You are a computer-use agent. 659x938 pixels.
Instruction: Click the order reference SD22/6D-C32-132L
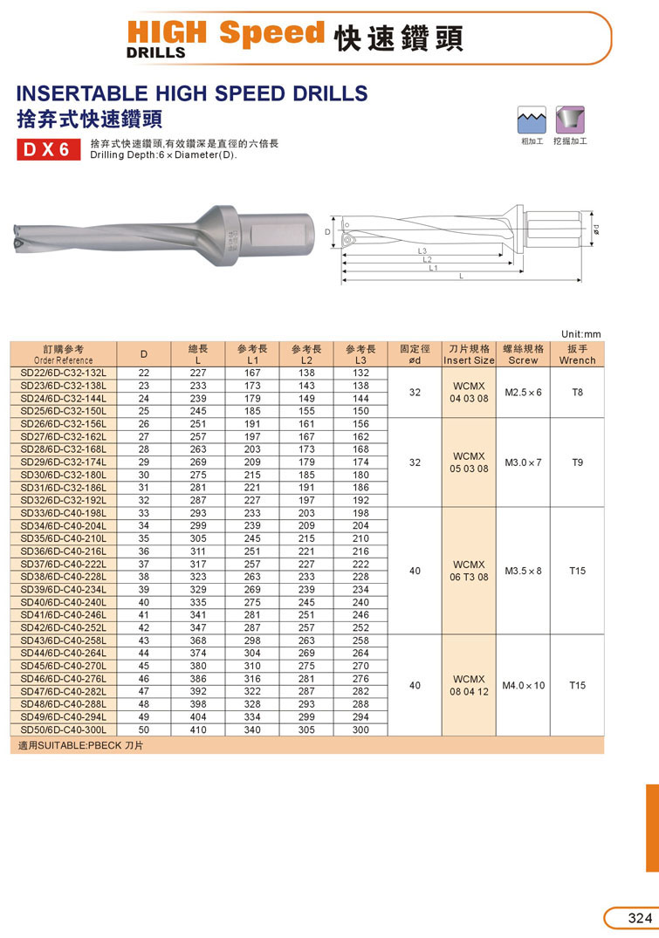[x=63, y=373]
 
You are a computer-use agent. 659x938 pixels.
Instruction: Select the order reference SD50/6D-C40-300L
[x=63, y=729]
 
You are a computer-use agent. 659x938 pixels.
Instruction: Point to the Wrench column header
[x=577, y=354]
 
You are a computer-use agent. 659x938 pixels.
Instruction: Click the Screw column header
[x=523, y=354]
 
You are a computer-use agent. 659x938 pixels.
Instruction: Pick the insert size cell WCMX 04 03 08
[x=469, y=392]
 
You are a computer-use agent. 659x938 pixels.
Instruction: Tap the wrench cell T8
[x=577, y=392]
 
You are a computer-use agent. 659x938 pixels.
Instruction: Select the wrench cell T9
[x=577, y=462]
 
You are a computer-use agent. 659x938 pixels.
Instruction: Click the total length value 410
[x=198, y=729]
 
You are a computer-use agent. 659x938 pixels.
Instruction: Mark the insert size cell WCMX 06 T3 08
[x=469, y=571]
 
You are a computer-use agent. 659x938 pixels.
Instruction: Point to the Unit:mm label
[x=581, y=334]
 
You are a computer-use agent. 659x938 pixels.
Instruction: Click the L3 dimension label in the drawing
[x=422, y=251]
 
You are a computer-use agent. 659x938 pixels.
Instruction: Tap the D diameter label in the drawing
[x=327, y=232]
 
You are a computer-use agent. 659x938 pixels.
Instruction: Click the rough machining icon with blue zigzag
[x=529, y=119]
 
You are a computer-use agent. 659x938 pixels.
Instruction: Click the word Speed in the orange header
[x=271, y=33]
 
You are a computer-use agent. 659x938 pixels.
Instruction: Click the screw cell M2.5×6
[x=523, y=392]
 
